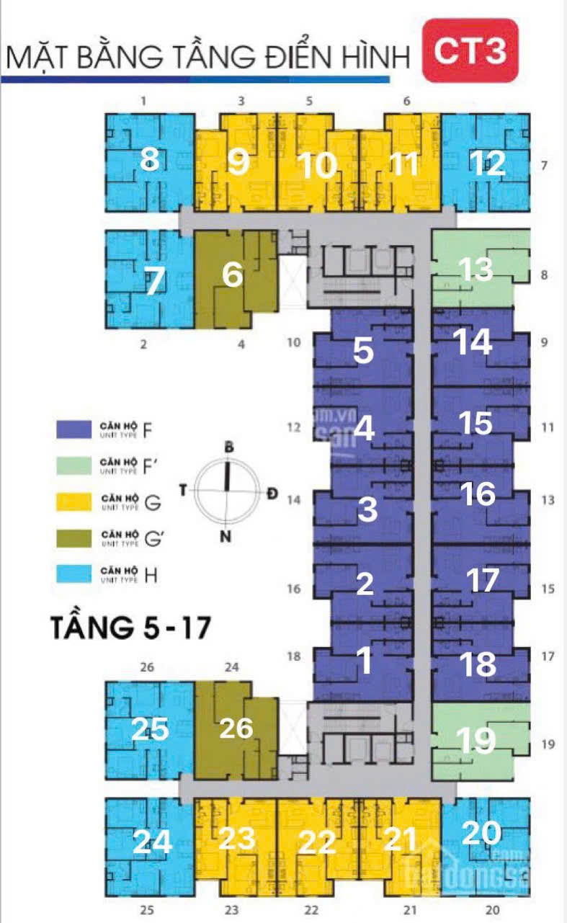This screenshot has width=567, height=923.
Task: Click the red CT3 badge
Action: click(472, 51)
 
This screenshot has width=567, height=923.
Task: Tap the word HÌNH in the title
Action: click(374, 57)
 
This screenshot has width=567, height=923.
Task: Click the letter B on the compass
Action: click(229, 447)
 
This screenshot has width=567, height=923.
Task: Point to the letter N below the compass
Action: click(226, 536)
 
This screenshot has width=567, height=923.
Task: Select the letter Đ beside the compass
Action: click(271, 493)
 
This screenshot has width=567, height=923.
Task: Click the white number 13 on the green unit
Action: click(476, 269)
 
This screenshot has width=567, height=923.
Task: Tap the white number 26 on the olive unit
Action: click(236, 728)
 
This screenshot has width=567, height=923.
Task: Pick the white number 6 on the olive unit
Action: click(233, 275)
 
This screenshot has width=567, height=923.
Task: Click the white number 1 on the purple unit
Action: click(365, 661)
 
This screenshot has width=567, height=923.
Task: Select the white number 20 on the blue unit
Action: click(481, 833)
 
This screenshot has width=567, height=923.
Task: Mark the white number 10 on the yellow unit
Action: click(317, 166)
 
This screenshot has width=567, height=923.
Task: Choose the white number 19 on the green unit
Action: click(477, 740)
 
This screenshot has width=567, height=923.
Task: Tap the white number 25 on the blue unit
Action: click(149, 730)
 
